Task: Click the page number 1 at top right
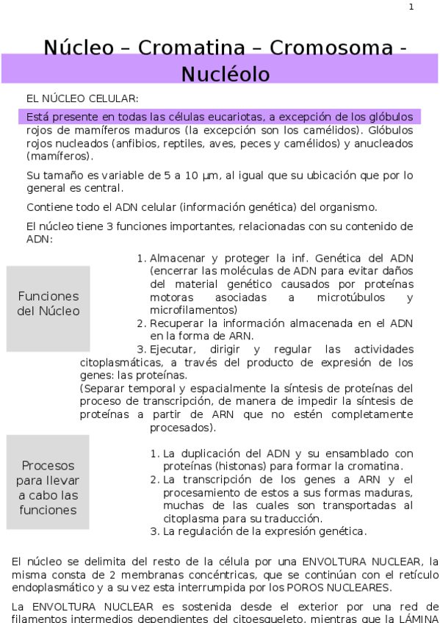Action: click(411, 7)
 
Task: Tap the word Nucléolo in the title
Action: click(226, 74)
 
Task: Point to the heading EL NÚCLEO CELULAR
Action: click(82, 98)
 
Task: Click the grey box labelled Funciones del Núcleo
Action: click(48, 304)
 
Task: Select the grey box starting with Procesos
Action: click(48, 488)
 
